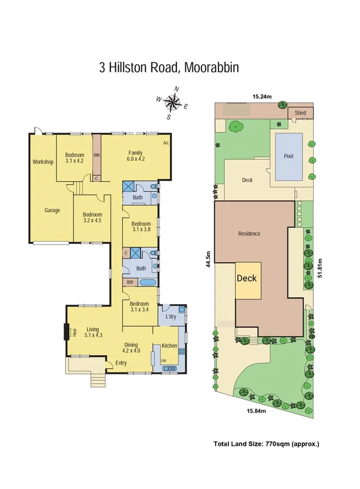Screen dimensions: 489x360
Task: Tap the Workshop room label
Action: click(x=42, y=162)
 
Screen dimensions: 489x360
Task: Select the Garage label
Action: click(x=53, y=210)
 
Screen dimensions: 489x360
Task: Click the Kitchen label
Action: click(x=169, y=346)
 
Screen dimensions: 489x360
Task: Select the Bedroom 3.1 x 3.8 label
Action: click(x=141, y=226)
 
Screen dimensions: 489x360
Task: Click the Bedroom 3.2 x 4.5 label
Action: click(x=92, y=217)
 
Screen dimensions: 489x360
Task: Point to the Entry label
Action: click(x=121, y=363)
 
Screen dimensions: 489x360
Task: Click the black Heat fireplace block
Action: click(x=66, y=331)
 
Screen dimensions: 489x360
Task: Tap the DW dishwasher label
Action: click(x=164, y=361)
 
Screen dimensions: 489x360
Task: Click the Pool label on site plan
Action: click(x=288, y=156)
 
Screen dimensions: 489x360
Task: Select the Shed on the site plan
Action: click(x=300, y=113)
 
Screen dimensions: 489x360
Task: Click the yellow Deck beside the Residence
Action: click(x=247, y=278)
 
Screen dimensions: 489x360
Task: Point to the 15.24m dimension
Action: click(x=262, y=97)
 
